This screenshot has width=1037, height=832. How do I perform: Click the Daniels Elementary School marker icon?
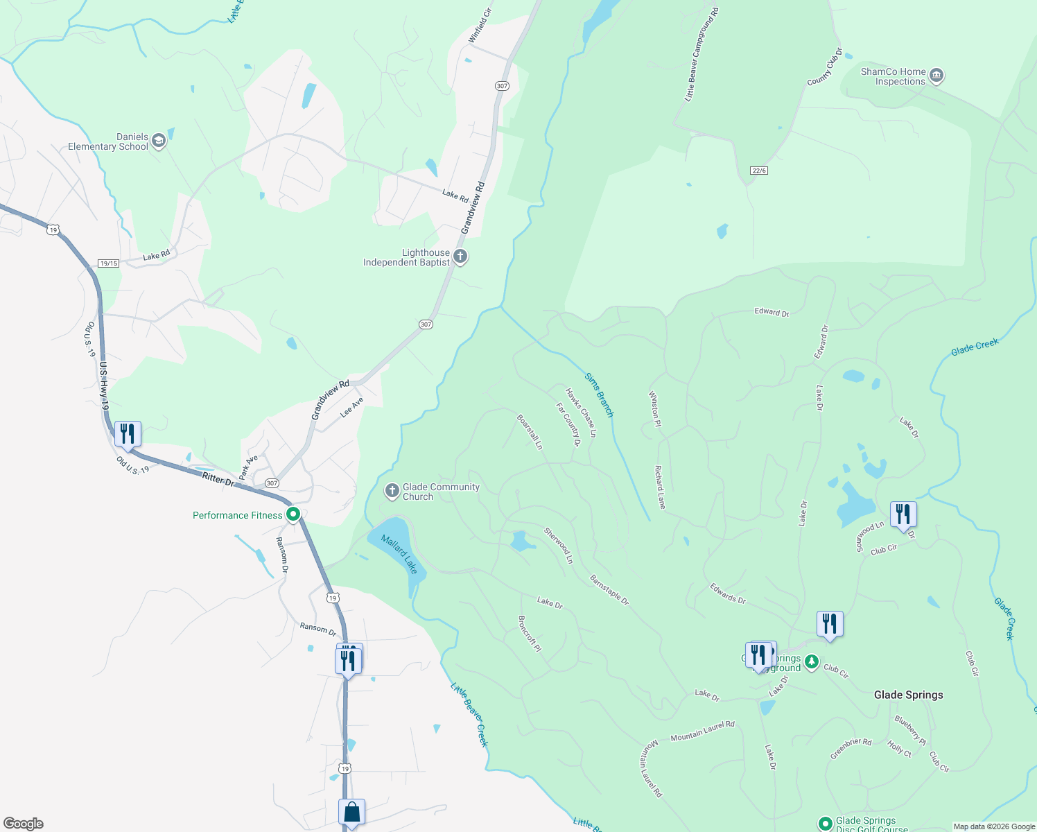pyautogui.click(x=159, y=141)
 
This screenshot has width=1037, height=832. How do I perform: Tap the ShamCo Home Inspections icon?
pyautogui.click(x=936, y=76)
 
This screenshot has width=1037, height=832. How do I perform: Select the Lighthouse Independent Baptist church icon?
pyautogui.click(x=460, y=257)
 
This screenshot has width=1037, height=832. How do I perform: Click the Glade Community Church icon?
pyautogui.click(x=392, y=491)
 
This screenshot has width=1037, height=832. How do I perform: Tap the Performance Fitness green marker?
pyautogui.click(x=293, y=514)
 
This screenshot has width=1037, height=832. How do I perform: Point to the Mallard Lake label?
pyautogui.click(x=400, y=554)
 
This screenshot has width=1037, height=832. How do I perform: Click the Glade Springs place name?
pyautogui.click(x=908, y=695)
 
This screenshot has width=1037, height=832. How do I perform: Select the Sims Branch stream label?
pyautogui.click(x=599, y=395)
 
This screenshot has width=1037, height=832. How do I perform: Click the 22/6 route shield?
pyautogui.click(x=759, y=171)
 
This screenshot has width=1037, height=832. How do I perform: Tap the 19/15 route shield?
pyautogui.click(x=109, y=263)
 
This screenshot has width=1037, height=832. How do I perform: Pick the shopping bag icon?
pyautogui.click(x=351, y=812)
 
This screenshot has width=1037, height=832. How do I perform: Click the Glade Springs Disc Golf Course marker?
pyautogui.click(x=825, y=824)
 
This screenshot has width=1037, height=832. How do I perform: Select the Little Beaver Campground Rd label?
pyautogui.click(x=701, y=55)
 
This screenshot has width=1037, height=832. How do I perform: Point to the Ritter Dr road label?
pyautogui.click(x=218, y=479)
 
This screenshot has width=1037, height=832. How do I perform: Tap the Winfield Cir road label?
pyautogui.click(x=480, y=26)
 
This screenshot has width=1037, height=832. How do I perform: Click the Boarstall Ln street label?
pyautogui.click(x=530, y=432)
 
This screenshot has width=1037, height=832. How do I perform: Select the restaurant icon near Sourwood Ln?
pyautogui.click(x=903, y=514)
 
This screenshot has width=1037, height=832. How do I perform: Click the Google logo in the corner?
pyautogui.click(x=24, y=824)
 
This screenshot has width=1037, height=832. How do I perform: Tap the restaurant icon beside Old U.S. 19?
pyautogui.click(x=128, y=434)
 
